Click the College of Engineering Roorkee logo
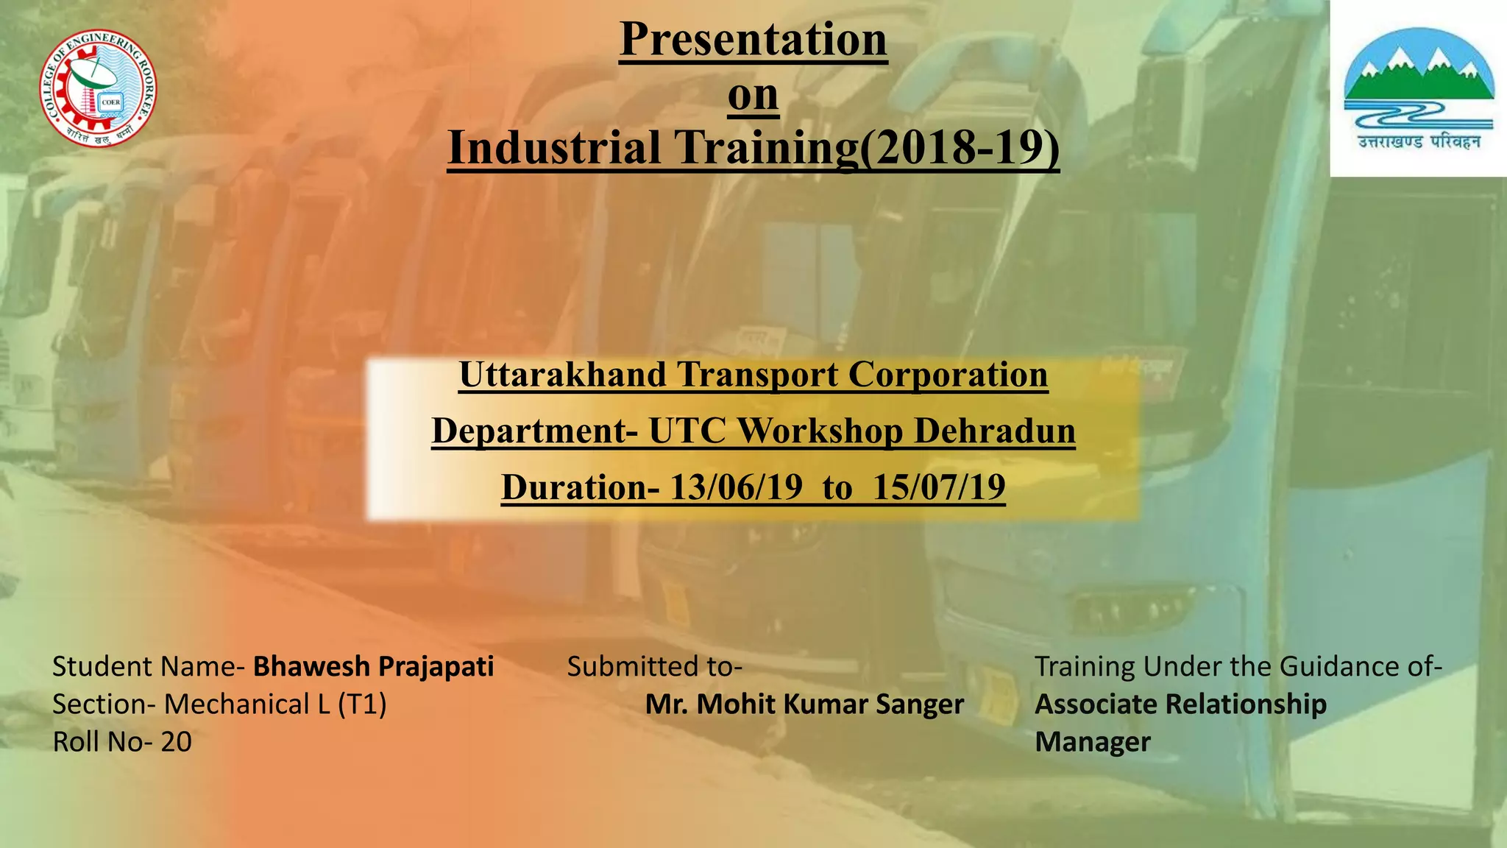[x=98, y=88]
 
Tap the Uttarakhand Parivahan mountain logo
[x=1419, y=88]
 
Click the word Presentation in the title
[x=753, y=39]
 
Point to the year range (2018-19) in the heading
[x=960, y=147]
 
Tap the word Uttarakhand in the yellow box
[x=562, y=374]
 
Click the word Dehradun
[x=994, y=431]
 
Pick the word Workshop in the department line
[x=820, y=431]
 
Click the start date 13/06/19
[x=736, y=487]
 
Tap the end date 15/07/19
[x=939, y=487]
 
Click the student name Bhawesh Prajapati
[x=373, y=666]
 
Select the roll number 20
[x=176, y=742]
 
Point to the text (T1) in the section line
[x=362, y=704]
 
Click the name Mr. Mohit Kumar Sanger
[x=804, y=704]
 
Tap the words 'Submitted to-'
[x=654, y=666]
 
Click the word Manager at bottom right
[x=1092, y=742]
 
